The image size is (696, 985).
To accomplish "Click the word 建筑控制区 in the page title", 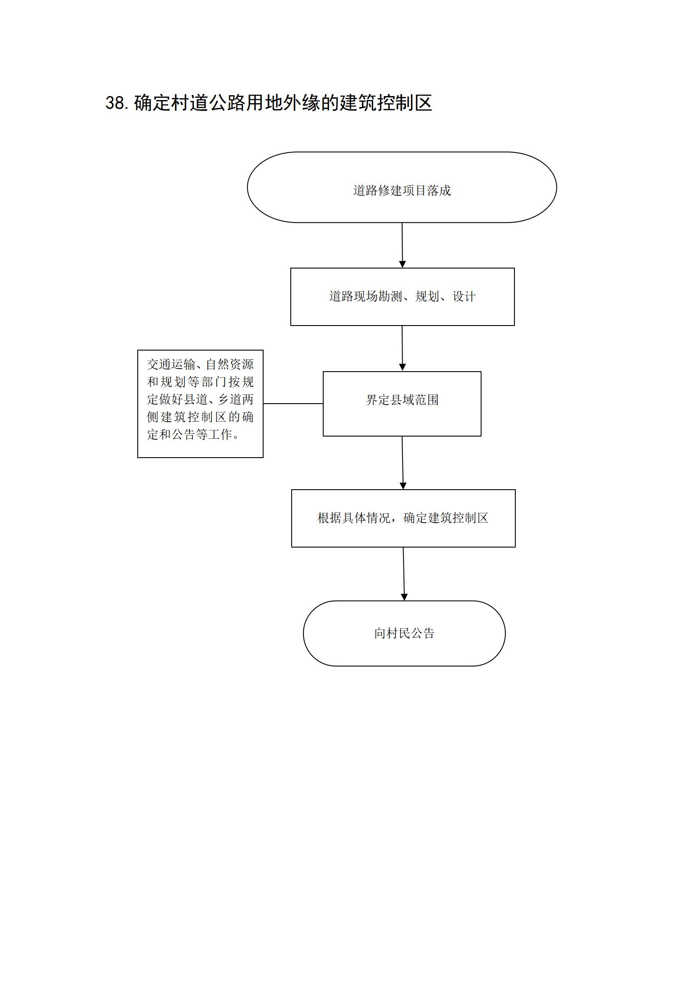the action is point(386,103).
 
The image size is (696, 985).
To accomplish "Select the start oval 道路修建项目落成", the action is point(402,187).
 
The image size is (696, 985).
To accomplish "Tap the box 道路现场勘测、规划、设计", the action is point(402,297).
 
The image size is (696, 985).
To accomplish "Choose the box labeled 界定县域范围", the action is point(402,404).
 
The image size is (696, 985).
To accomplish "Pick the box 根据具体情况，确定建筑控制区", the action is point(403,518).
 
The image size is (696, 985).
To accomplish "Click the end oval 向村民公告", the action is point(404,633).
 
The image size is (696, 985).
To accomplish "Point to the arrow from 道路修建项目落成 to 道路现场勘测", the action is point(402,245).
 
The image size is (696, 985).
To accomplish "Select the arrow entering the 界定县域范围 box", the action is point(402,348).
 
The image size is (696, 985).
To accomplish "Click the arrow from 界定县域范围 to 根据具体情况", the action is point(403,463).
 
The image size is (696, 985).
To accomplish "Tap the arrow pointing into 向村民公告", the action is point(404,574).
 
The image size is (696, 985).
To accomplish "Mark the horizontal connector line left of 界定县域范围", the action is point(293,404).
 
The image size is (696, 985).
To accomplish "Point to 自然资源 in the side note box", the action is point(229,364).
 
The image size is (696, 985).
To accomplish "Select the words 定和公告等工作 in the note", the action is point(189,434).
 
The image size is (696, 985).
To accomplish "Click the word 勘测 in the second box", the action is point(390,297).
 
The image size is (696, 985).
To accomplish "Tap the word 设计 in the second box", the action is point(464,297).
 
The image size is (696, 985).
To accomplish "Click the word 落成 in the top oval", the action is point(439,190).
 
